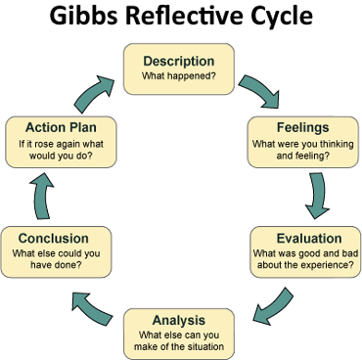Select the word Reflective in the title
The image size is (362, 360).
[x=185, y=19]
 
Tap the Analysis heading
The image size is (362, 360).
[x=179, y=320]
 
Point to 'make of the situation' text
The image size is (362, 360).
[x=179, y=345]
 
